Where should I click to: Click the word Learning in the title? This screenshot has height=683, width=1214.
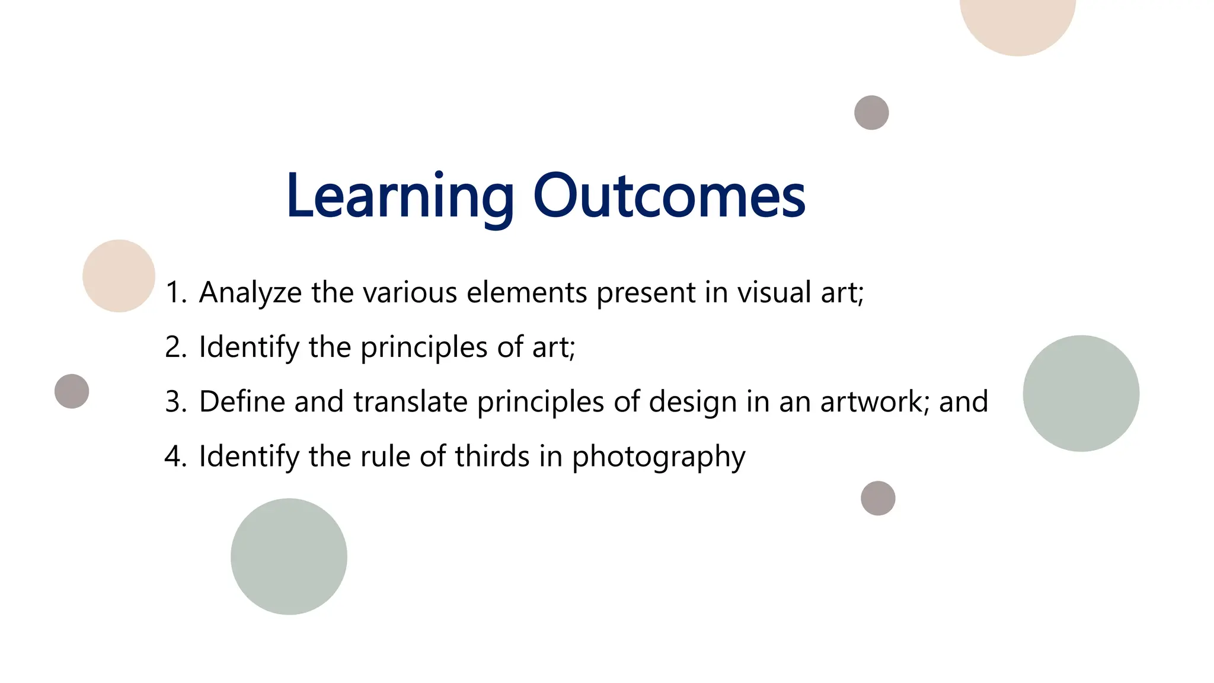[x=400, y=196]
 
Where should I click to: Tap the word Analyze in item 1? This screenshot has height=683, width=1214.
[x=250, y=293]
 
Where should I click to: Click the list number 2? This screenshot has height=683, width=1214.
[x=174, y=347]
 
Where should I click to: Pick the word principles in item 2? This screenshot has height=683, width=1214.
[x=424, y=347]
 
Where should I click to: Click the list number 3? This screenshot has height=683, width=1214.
[x=174, y=402]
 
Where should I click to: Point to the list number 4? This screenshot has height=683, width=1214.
[x=174, y=457]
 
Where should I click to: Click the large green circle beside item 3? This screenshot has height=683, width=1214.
[x=1081, y=394]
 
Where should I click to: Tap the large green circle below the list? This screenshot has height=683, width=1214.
[x=289, y=556]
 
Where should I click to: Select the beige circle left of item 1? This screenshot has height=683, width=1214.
[x=119, y=276]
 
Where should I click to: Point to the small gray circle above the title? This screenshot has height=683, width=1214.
[x=871, y=113]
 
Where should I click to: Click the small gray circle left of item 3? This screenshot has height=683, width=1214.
[x=72, y=391]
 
